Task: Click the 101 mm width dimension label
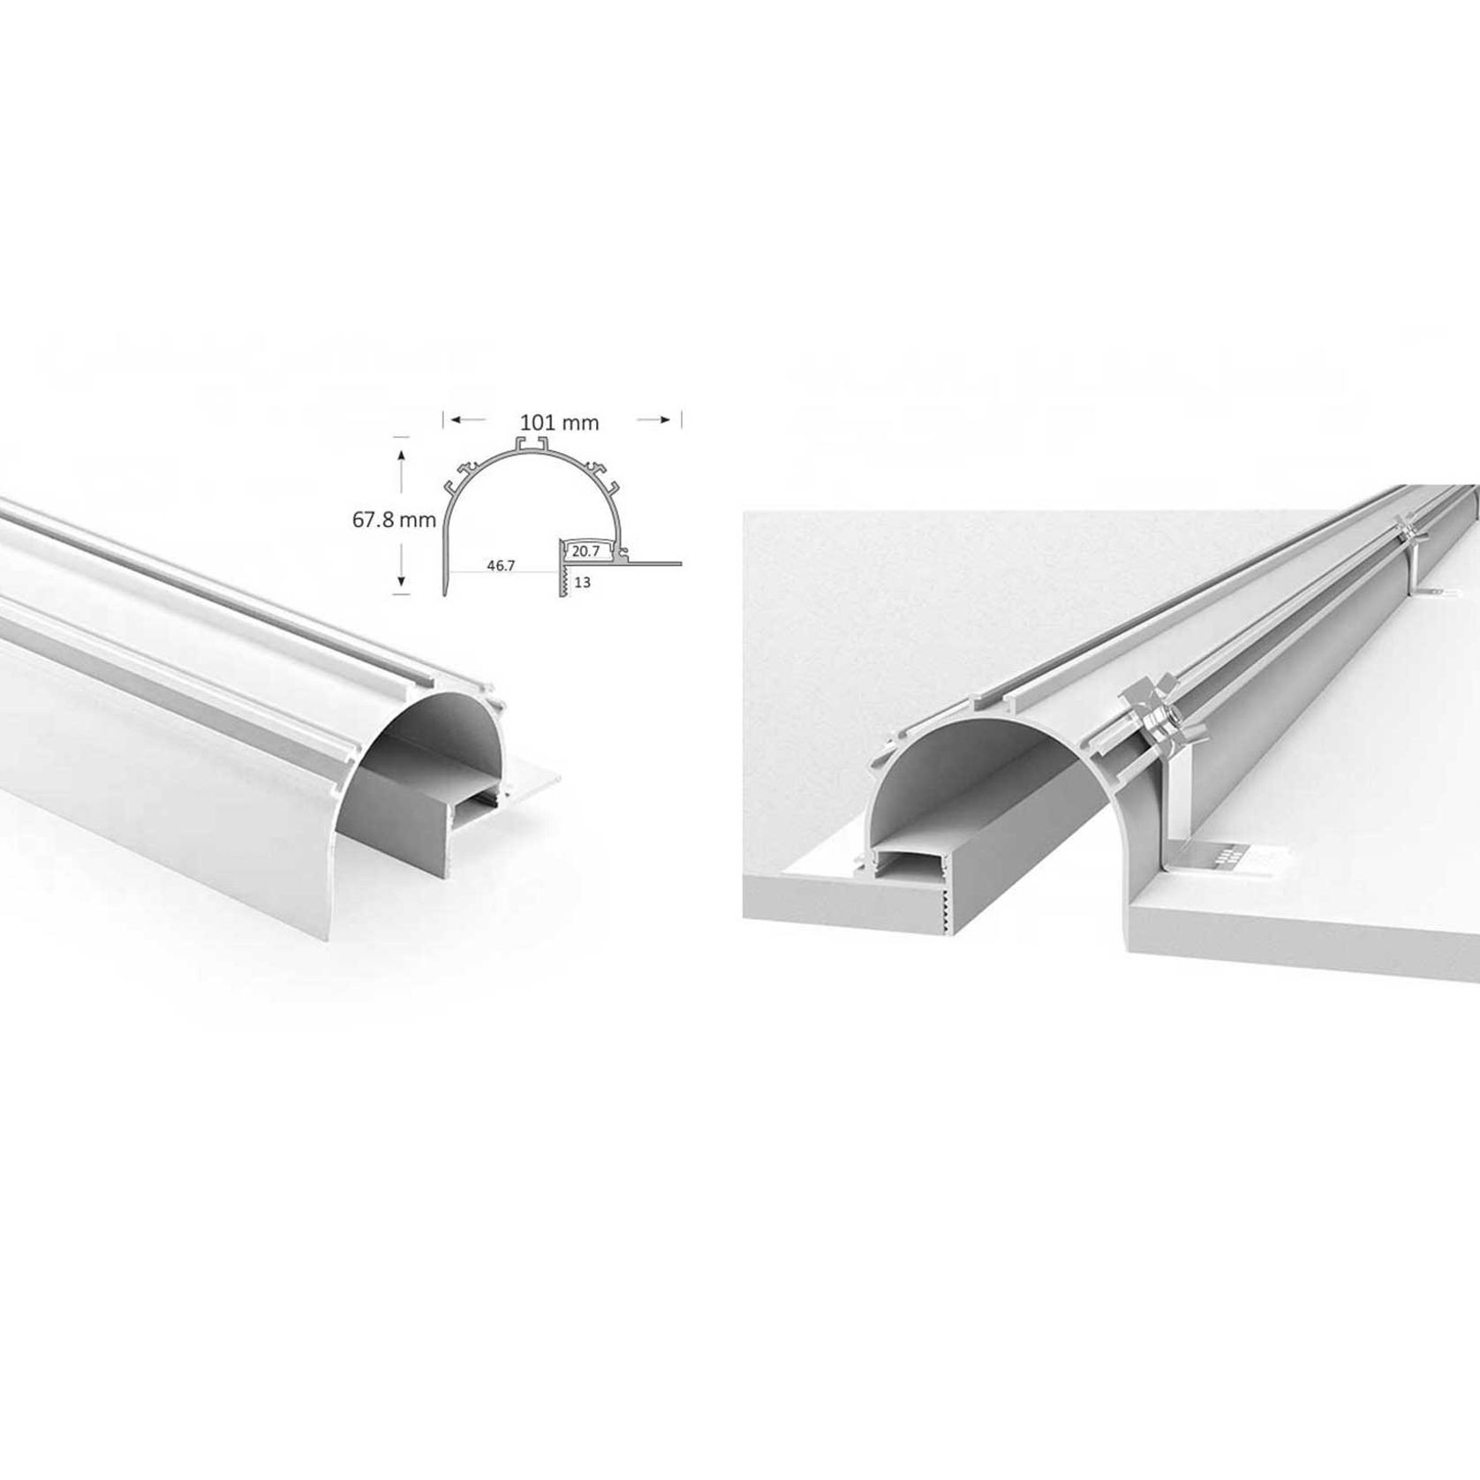pos(559,423)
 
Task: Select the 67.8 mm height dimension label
pos(394,520)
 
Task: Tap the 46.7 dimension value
pos(500,565)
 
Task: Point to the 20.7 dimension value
pos(586,551)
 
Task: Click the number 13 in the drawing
pos(582,583)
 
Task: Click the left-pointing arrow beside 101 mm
pos(468,421)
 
